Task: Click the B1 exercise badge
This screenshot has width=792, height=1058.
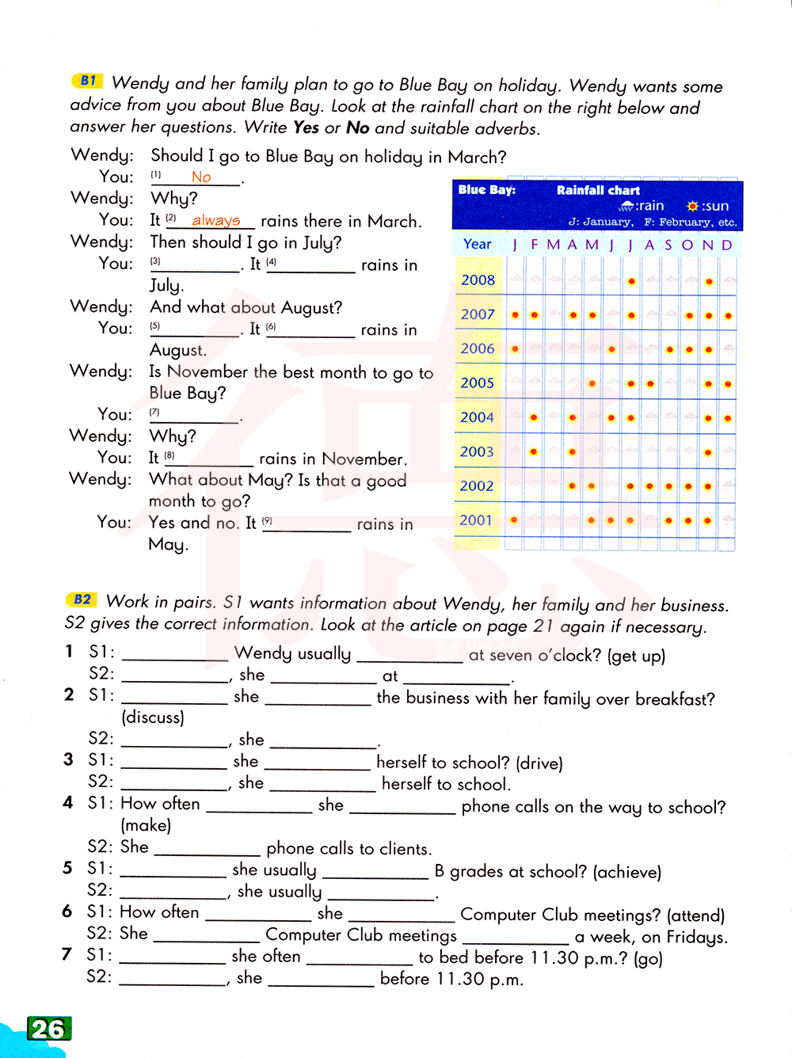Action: (87, 81)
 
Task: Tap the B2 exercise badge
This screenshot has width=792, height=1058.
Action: (82, 599)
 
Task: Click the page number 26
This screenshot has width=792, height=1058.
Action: (48, 1029)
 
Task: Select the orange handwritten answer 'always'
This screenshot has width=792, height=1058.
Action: (215, 220)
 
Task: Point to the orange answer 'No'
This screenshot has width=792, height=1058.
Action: (201, 177)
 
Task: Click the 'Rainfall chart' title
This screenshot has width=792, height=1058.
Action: (598, 190)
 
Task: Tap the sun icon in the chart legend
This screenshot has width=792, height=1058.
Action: (693, 206)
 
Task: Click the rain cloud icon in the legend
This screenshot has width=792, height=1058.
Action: (626, 206)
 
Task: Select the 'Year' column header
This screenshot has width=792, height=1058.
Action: (478, 244)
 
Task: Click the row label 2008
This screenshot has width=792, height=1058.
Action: (478, 280)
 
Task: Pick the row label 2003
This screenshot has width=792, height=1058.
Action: (477, 451)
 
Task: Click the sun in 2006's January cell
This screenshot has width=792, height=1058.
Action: (515, 348)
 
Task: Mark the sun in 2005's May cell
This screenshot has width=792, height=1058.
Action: (592, 383)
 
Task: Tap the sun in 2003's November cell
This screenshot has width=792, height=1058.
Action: (708, 452)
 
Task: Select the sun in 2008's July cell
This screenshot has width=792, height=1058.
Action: (631, 281)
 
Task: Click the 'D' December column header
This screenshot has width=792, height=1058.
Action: (727, 245)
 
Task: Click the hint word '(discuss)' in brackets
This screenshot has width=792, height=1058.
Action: (153, 717)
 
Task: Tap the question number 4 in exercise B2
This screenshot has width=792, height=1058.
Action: (68, 803)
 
